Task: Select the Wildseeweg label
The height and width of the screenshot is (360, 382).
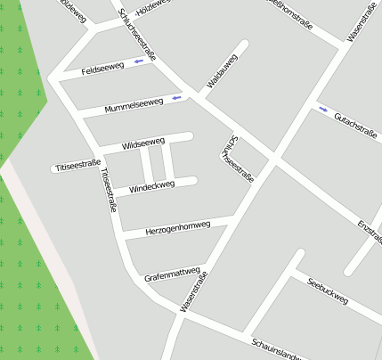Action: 143,143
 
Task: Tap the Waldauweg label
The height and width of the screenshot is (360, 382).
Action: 222,70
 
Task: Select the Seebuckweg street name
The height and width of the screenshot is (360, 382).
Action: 327,291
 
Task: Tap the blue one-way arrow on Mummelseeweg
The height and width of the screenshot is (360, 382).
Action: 176,97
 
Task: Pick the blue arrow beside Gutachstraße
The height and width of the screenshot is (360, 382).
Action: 322,109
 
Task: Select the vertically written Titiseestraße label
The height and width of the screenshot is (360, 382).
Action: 109,190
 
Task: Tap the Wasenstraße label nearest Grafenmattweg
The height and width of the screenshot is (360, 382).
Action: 194,292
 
